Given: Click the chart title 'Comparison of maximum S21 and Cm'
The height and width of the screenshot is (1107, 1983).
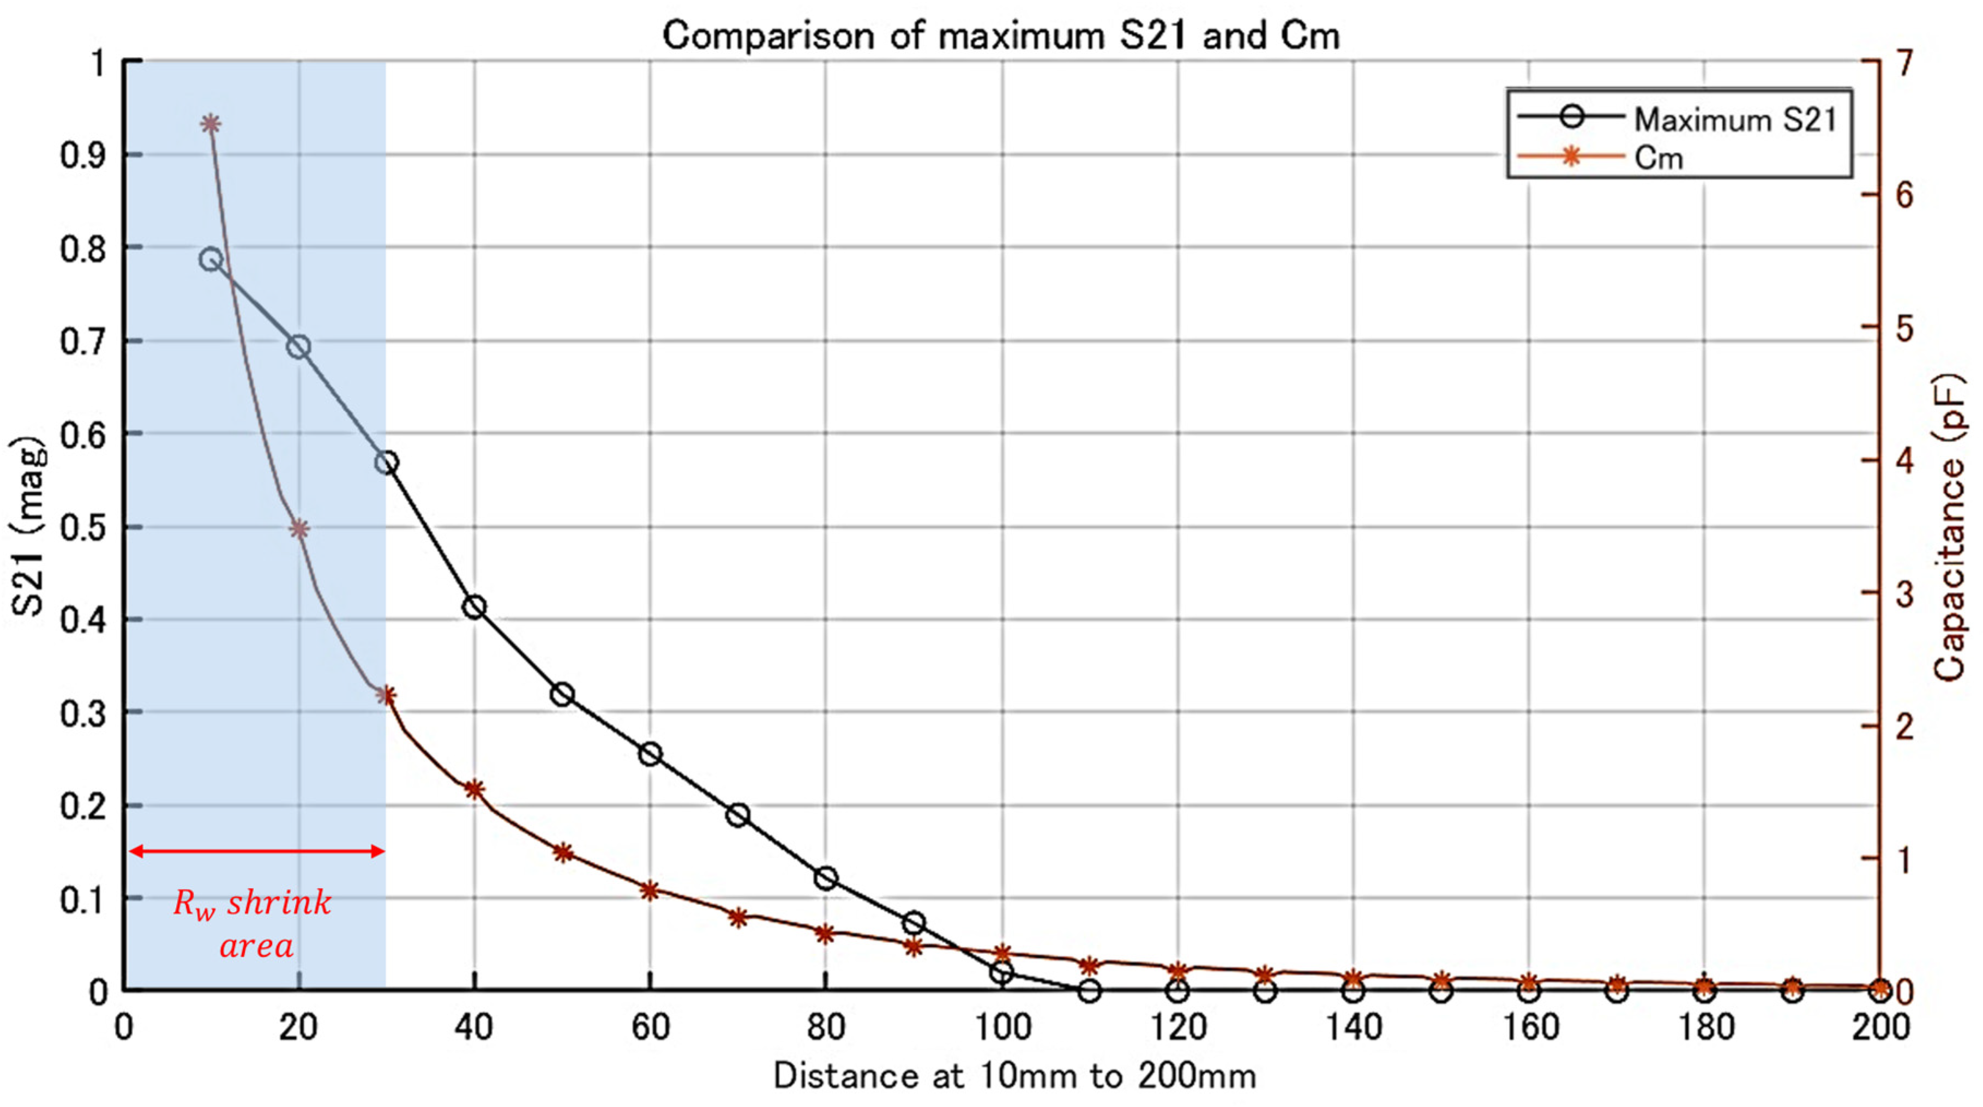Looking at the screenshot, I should coord(1001,35).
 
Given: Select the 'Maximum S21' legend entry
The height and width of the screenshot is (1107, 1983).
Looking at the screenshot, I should coord(1734,119).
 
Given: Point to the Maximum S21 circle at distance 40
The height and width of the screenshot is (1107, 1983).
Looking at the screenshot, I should coord(474,606).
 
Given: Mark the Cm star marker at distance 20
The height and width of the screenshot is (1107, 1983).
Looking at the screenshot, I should coord(299,529).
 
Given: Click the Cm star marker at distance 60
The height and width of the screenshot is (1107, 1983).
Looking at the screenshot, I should coord(650,891).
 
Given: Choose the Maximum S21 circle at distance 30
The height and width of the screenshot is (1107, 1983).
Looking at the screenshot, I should coord(387,462).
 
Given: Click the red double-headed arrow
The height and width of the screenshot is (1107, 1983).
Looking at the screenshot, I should coord(256,851).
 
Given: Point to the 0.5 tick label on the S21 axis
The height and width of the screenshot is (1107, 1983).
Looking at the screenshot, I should coord(82,528).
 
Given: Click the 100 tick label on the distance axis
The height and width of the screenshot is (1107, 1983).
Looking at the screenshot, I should coord(1001,1028).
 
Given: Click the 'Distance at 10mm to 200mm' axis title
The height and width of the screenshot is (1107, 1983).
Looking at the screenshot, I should coord(1014,1075).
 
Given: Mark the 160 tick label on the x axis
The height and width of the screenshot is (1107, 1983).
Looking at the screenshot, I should coord(1530,1028).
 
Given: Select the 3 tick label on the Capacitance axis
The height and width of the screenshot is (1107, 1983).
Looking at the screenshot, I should coord(1904,593).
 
